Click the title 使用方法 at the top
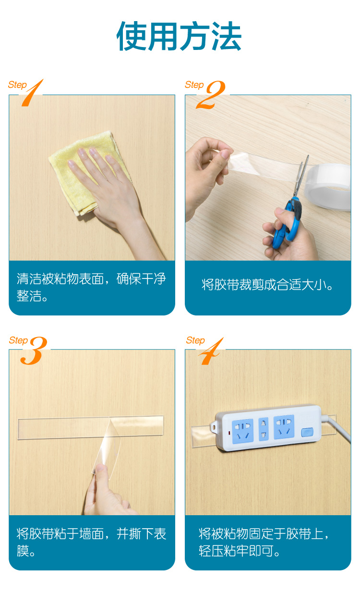pyautogui.click(x=179, y=36)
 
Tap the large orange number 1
pyautogui.click(x=32, y=93)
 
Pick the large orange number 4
pyautogui.click(x=211, y=351)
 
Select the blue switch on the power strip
pyautogui.click(x=307, y=432)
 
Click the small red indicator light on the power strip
pyautogui.click(x=229, y=433)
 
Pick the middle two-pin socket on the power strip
pyautogui.click(x=264, y=429)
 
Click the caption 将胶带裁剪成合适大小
pyautogui.click(x=267, y=285)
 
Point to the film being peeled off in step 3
pyautogui.click(x=107, y=448)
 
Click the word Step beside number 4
pyautogui.click(x=195, y=340)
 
